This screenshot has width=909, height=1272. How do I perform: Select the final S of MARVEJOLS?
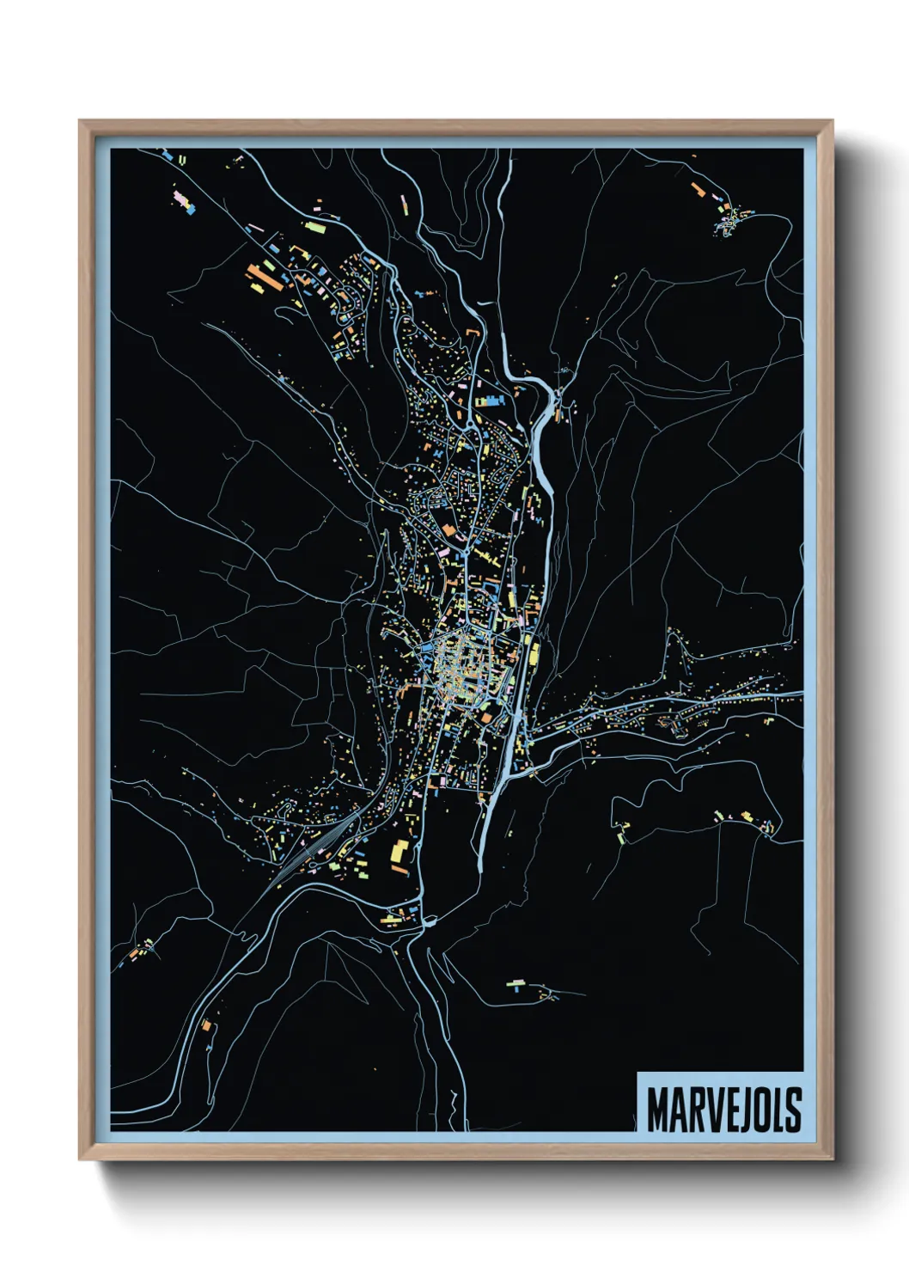(792, 1110)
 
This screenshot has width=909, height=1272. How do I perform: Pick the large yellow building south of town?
(400, 856)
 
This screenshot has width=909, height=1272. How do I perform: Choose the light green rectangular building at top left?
(314, 228)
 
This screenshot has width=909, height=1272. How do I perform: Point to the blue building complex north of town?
(488, 401)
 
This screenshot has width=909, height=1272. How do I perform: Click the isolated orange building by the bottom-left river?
(206, 1024)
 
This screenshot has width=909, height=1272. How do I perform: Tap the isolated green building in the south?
(516, 983)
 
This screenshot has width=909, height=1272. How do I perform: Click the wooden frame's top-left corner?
(81, 122)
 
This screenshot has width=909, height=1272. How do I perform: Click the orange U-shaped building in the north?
(472, 333)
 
